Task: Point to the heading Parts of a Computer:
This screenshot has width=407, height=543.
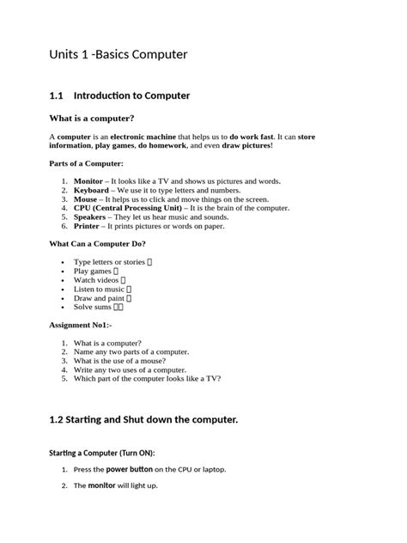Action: point(86,163)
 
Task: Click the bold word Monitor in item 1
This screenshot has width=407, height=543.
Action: point(88,182)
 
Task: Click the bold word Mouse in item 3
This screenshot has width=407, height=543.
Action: point(86,199)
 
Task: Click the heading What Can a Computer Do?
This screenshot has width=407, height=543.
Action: point(97,244)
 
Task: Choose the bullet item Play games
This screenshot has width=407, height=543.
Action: point(93,271)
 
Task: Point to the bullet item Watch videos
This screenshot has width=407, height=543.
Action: point(96,280)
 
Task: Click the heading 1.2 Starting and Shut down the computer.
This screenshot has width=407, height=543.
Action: point(143,419)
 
